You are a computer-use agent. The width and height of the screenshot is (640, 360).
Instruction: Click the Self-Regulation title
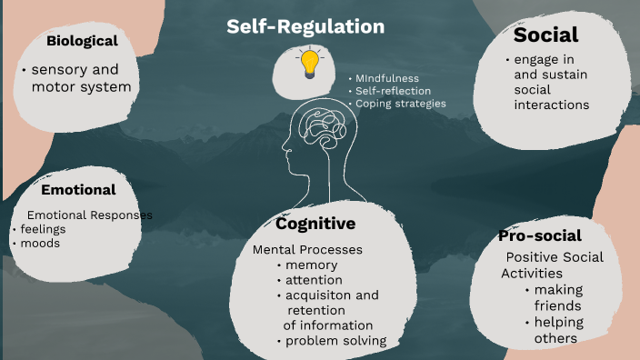click(305, 27)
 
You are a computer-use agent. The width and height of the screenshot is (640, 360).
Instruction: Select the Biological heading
click(83, 41)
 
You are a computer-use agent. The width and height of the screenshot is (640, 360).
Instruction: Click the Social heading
click(545, 35)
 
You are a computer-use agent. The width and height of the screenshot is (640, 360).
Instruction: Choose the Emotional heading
click(78, 190)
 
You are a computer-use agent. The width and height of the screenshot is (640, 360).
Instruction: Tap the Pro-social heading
click(540, 236)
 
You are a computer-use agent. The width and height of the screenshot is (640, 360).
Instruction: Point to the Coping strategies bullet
click(400, 104)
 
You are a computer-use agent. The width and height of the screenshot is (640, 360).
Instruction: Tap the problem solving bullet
click(337, 341)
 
